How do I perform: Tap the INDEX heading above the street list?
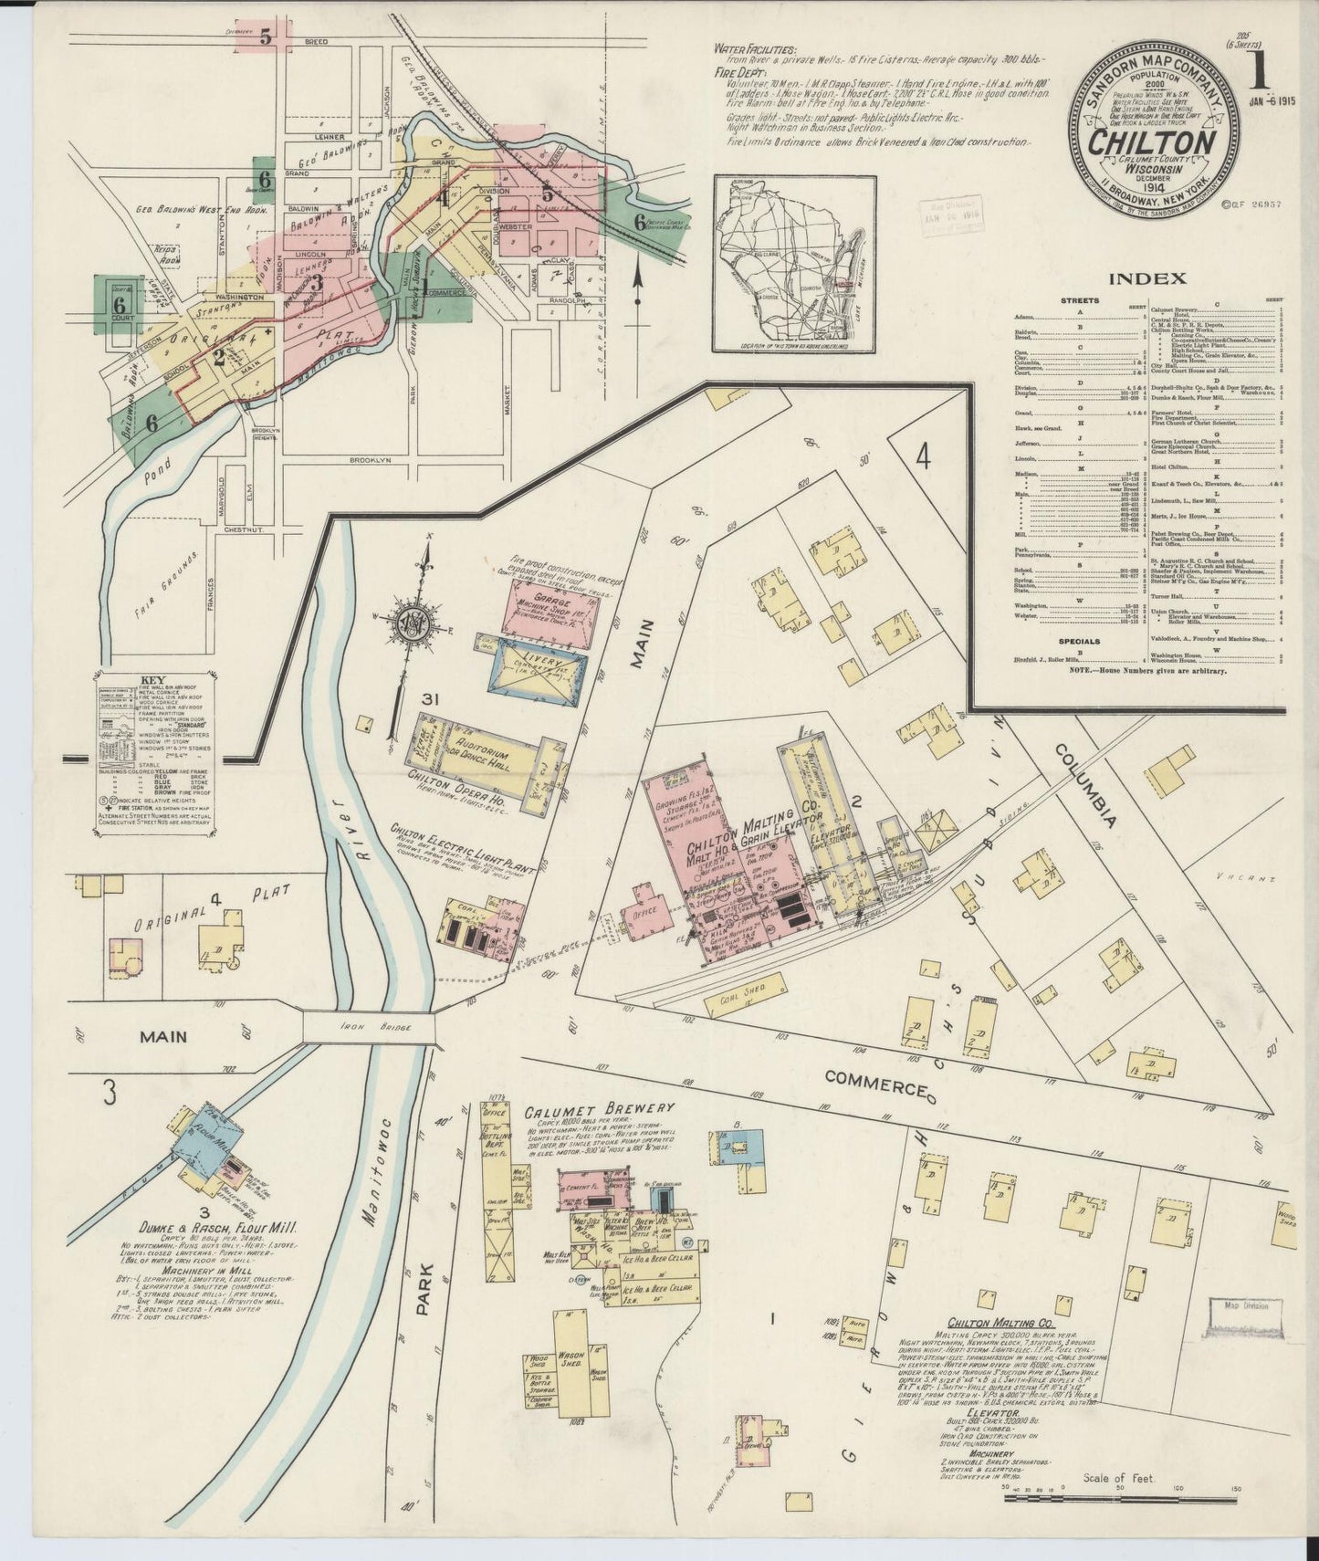pyautogui.click(x=1148, y=278)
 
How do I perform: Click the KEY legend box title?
pyautogui.click(x=152, y=679)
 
